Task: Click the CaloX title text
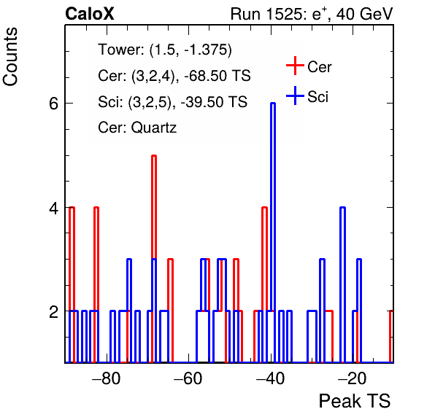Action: click(x=90, y=14)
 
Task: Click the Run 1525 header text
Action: click(x=312, y=14)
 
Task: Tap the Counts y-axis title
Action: click(x=10, y=57)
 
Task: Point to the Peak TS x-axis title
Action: click(x=355, y=401)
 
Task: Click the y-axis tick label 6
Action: click(x=54, y=104)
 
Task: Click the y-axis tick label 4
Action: click(x=54, y=208)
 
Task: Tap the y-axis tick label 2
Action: click(x=54, y=311)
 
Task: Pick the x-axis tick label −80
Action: click(x=107, y=378)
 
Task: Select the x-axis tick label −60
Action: click(x=188, y=378)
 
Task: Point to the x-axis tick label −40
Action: click(x=270, y=378)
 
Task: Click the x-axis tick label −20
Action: click(x=353, y=378)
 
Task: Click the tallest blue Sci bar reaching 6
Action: click(x=273, y=233)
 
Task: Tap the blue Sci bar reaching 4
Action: click(x=343, y=284)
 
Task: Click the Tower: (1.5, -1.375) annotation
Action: click(x=165, y=50)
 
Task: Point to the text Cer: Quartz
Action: click(x=137, y=128)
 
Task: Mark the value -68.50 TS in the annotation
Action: click(x=217, y=76)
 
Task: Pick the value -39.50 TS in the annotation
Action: click(x=214, y=101)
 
